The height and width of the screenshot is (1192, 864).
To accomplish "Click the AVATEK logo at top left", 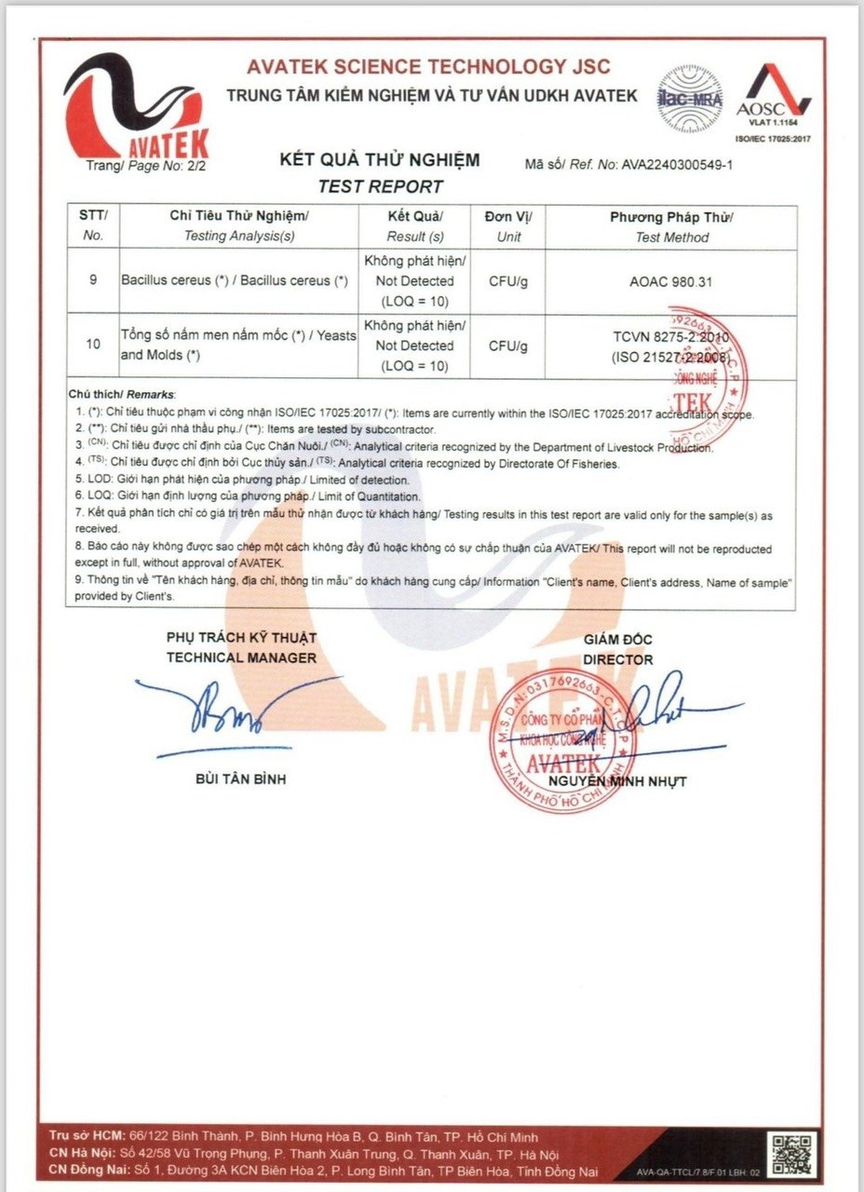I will (136, 108).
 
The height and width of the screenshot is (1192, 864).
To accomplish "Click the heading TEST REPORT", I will (380, 186).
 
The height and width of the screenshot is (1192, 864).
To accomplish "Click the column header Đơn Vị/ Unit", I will (508, 226).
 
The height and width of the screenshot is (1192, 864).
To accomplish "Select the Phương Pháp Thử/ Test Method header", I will (671, 226).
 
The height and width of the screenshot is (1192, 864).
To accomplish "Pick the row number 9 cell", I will (92, 280).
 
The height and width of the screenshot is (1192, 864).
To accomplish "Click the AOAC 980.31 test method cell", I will (671, 281).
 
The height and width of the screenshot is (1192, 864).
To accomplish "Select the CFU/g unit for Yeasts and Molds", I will (508, 346).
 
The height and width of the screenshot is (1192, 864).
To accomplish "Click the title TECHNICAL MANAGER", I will (241, 657).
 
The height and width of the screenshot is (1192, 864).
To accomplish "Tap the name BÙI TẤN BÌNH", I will (240, 779).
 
